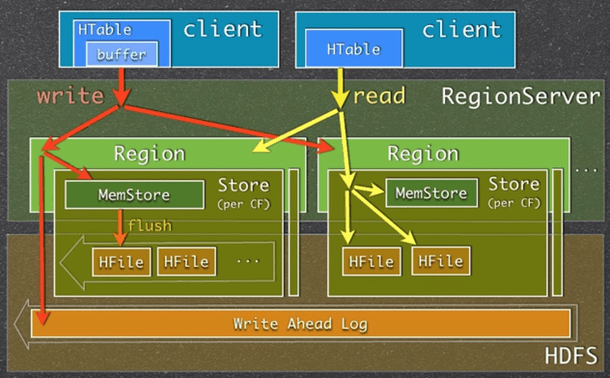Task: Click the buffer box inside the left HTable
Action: click(x=122, y=54)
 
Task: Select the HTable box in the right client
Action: click(x=354, y=49)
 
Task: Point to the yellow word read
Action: click(x=379, y=95)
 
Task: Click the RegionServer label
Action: click(x=521, y=96)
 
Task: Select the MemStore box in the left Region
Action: click(x=134, y=195)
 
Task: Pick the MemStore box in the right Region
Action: click(x=431, y=193)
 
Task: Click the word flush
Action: click(x=150, y=225)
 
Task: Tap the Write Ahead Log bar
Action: click(x=300, y=324)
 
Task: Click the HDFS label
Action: click(x=571, y=356)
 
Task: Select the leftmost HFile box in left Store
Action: click(x=122, y=262)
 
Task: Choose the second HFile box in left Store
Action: click(x=186, y=262)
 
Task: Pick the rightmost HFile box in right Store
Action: click(x=441, y=261)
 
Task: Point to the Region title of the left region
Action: click(x=150, y=154)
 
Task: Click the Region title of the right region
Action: click(x=423, y=154)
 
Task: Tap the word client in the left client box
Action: click(x=223, y=29)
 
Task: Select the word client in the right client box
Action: click(x=461, y=30)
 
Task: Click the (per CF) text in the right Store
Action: click(x=514, y=203)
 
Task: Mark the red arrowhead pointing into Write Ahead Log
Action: click(x=42, y=318)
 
